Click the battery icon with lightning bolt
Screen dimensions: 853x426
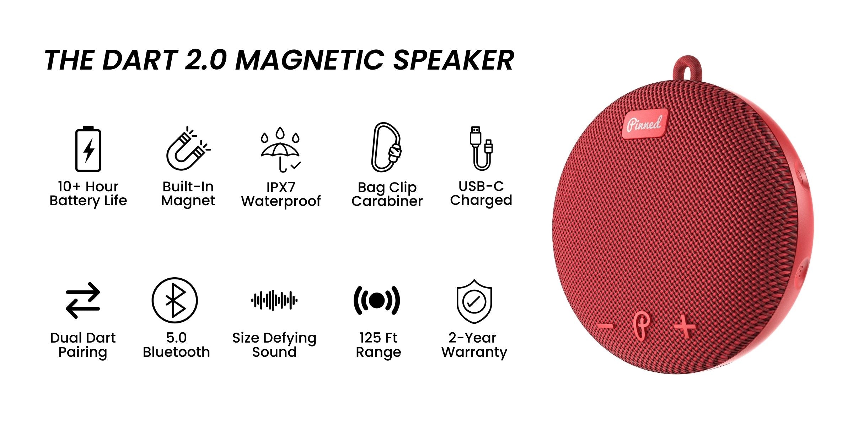pos(88,149)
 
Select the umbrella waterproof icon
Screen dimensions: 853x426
pos(280,149)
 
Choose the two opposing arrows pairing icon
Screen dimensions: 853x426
pos(83,300)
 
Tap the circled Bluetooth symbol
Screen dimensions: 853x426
pos(175,300)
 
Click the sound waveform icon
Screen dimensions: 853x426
pos(274,300)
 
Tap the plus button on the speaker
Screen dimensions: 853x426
pos(685,326)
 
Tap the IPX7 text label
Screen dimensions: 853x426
pos(281,187)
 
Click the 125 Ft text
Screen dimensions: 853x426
pos(378,338)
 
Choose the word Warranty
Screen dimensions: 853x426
pos(474,352)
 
